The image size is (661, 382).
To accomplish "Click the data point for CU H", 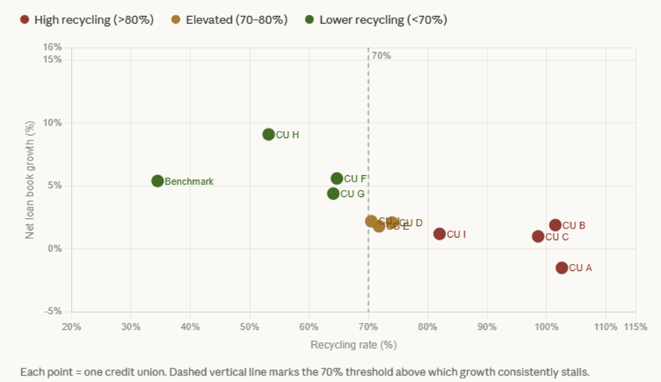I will (268, 134).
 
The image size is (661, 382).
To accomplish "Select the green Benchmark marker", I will (157, 181).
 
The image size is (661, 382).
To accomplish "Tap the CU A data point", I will (561, 267).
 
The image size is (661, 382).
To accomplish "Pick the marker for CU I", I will (440, 234).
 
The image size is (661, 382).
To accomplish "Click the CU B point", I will (555, 225).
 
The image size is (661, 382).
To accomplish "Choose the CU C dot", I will (538, 236).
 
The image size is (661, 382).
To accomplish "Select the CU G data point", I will (333, 193).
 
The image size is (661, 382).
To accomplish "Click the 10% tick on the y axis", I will (53, 122).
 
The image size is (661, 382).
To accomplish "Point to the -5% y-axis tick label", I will (53, 312).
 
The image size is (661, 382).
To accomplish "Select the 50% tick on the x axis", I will (249, 327).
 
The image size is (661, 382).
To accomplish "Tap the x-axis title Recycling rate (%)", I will (353, 345).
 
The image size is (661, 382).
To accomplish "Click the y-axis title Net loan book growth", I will (30, 179).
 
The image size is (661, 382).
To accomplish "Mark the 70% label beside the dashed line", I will (381, 56).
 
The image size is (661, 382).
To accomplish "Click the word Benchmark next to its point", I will (189, 182).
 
